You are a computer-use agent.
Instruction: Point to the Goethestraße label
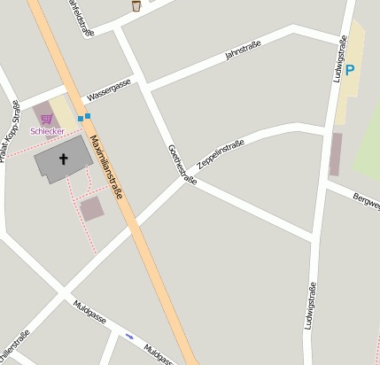coord(182,164)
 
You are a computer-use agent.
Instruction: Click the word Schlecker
coord(47,132)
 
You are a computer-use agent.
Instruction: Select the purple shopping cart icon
coord(46,120)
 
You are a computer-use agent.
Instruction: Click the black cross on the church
coord(63,159)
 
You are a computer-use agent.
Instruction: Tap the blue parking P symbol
coord(349,70)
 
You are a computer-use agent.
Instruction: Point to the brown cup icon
coord(136,6)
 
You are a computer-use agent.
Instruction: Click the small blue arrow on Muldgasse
coord(130,336)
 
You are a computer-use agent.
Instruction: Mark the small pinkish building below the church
coord(91,208)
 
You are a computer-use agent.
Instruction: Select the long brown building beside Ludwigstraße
coord(336,154)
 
